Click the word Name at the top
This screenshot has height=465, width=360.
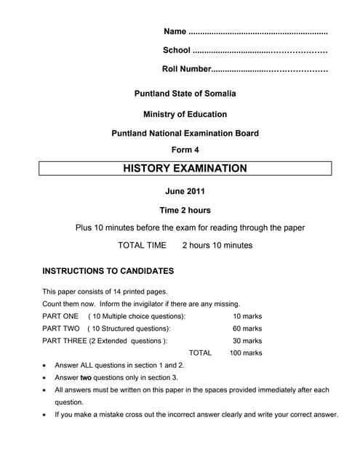(175, 31)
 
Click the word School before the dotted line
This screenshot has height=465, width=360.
(177, 50)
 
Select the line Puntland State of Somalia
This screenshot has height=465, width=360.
(185, 94)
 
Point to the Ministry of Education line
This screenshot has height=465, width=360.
(185, 114)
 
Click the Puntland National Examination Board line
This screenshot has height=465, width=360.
(185, 134)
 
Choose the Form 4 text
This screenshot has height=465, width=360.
(185, 150)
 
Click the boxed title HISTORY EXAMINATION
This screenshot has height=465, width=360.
(185, 169)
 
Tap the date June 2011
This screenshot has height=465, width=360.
(185, 192)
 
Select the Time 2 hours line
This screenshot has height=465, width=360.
(185, 211)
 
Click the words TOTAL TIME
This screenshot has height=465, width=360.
(142, 246)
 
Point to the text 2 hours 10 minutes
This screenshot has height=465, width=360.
(217, 246)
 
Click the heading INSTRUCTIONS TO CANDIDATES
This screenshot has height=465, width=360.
(108, 271)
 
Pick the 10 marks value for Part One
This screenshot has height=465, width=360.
(247, 317)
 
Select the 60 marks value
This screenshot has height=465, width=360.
(247, 329)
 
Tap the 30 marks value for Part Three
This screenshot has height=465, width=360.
(247, 341)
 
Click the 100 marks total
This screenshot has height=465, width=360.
(245, 353)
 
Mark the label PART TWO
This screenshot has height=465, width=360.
(61, 329)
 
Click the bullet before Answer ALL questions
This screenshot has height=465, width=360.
(47, 366)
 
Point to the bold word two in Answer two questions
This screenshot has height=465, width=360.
(86, 378)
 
